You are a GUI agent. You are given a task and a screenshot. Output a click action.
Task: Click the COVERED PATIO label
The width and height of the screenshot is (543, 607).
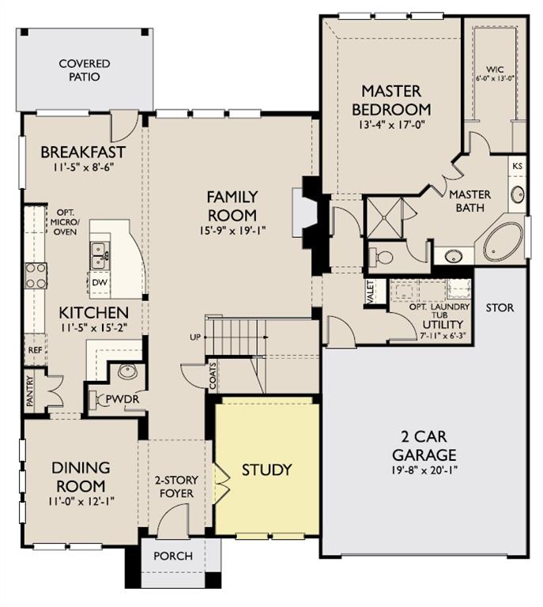point(85,70)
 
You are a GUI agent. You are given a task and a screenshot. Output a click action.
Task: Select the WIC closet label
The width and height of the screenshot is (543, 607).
point(495,70)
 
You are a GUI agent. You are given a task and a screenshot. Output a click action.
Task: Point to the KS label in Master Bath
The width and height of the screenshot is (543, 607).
point(518,166)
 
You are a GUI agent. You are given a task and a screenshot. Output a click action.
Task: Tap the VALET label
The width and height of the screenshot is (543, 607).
point(371,292)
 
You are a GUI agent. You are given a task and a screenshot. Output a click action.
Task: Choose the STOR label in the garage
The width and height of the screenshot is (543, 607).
point(500,307)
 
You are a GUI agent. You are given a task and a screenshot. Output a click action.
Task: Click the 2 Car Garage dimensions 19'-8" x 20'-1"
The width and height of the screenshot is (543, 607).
point(424,470)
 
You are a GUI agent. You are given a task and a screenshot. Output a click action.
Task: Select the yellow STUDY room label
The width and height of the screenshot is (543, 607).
point(266,469)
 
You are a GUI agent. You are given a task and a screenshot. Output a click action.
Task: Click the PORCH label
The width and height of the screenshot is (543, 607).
point(173,556)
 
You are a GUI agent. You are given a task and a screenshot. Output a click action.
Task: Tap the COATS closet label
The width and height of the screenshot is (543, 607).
point(213,376)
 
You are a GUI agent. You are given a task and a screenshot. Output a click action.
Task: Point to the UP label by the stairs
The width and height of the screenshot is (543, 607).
point(195,337)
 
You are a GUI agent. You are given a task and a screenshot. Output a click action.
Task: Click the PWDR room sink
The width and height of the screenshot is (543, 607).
point(127,371)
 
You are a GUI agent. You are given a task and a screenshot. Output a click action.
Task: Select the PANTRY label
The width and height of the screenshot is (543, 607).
point(30,391)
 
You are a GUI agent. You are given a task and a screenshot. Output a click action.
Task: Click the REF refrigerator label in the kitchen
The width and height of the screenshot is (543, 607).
point(35,350)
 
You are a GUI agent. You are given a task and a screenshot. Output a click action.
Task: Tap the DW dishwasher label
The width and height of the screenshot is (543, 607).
point(100,283)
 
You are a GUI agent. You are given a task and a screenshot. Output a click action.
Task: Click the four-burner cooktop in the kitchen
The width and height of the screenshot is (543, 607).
point(36,276)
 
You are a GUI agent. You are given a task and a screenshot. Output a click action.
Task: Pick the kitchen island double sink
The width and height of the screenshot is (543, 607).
point(100,256)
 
